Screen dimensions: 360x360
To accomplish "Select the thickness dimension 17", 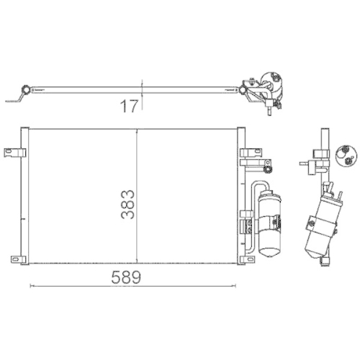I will (130, 107).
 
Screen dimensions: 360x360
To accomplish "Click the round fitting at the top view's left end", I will (27, 89).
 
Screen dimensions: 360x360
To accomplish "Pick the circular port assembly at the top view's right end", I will (274, 83).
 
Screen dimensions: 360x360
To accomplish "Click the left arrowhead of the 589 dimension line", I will (30, 286).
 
